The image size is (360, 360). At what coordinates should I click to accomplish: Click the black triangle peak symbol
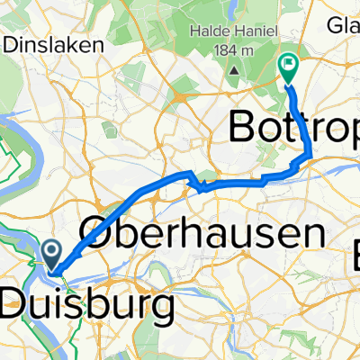click(x=232, y=69)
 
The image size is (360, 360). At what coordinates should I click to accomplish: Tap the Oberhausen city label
click(x=202, y=235)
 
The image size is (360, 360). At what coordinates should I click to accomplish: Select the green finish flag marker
click(x=289, y=65)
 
